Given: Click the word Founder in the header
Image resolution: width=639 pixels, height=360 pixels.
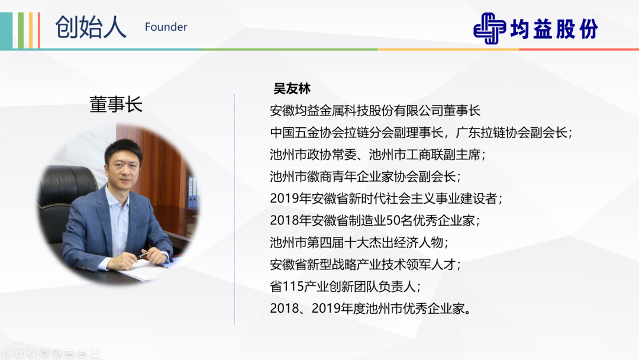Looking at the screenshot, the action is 166,27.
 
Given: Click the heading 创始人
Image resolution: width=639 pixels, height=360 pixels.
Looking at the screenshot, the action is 91,27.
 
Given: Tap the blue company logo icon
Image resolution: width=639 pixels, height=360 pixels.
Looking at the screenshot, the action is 489,28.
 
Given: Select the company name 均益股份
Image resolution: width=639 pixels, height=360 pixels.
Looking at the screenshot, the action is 554,29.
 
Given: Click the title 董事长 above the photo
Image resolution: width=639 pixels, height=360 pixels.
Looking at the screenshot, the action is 116,104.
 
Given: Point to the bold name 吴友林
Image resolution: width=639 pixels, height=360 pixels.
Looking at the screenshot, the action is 292,88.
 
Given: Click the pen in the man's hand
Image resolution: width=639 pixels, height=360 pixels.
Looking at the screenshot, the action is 142,256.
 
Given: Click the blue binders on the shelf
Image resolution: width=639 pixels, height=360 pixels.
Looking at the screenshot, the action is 192,192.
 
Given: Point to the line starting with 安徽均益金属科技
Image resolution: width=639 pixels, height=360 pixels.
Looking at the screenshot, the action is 375,111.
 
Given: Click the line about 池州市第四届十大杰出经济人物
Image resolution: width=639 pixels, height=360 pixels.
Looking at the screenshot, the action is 359,243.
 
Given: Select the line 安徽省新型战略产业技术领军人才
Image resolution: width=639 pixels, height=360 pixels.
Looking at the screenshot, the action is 365,265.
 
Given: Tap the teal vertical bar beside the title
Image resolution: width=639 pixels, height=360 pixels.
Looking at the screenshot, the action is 6,31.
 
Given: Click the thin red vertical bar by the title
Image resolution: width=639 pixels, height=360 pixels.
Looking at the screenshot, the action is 38,31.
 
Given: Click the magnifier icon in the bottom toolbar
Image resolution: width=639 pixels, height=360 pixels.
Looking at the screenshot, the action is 57,353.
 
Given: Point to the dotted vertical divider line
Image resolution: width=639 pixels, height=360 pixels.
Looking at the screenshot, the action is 234,210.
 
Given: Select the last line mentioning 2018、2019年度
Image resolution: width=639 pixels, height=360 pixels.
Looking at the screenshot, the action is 371,308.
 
